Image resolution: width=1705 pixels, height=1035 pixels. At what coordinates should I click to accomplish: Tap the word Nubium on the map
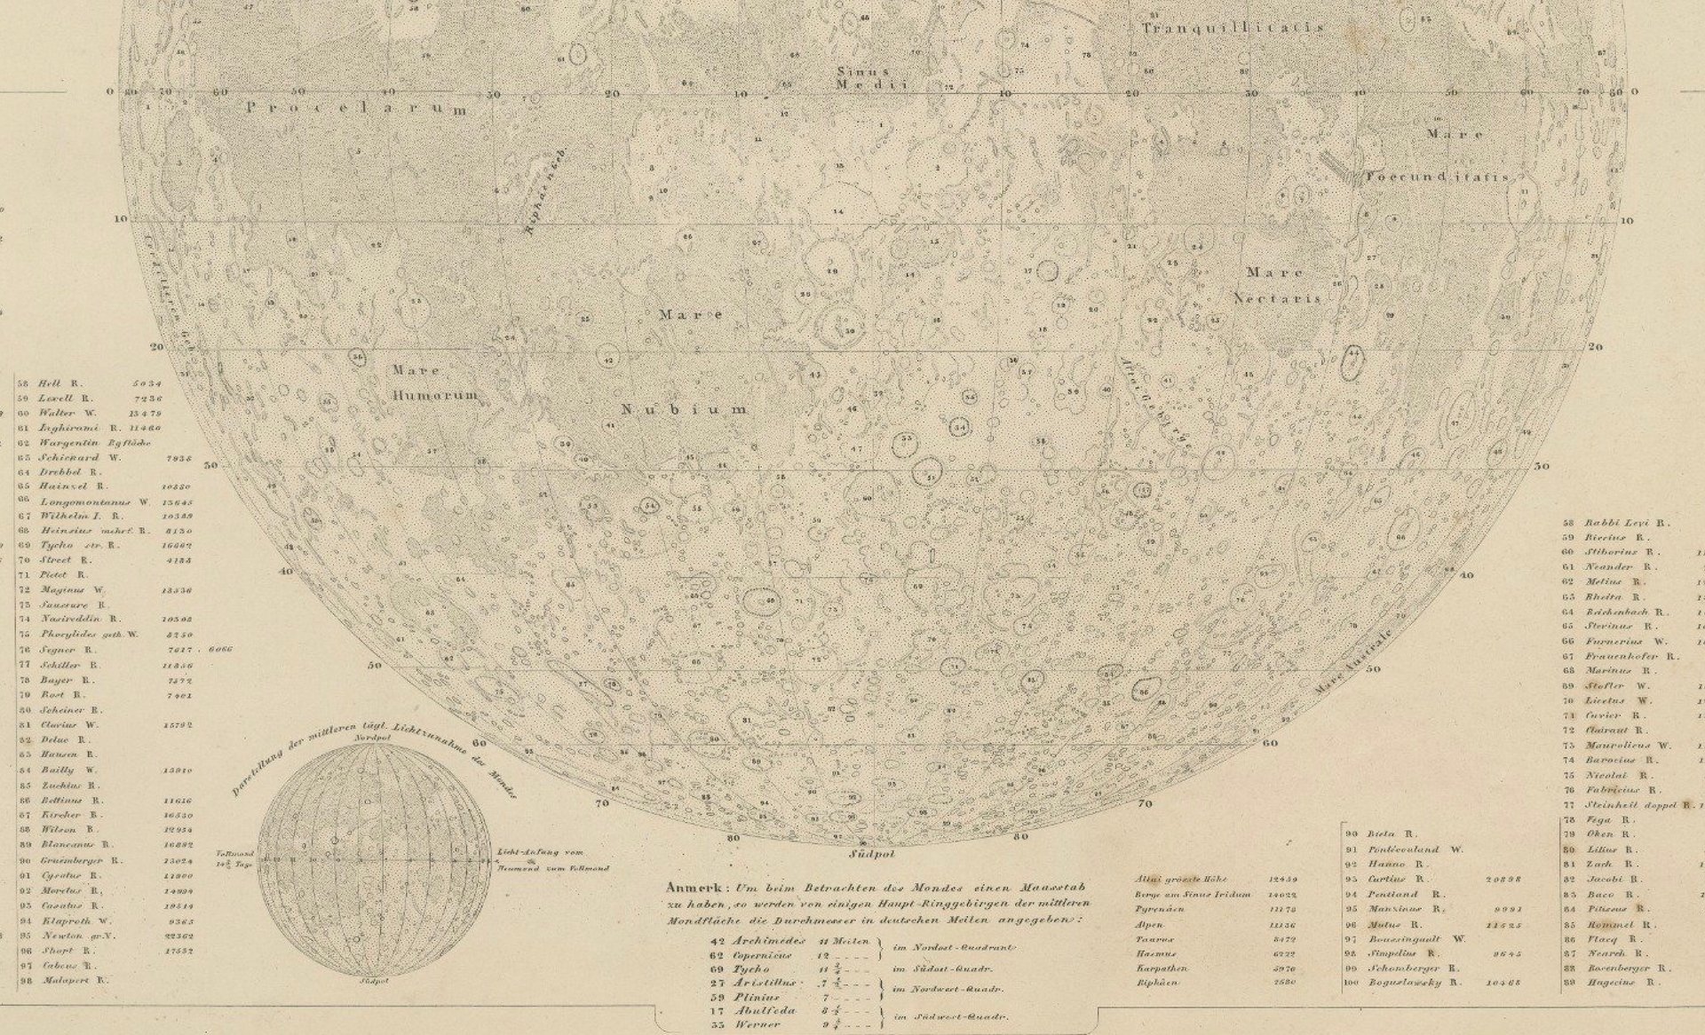click(x=684, y=410)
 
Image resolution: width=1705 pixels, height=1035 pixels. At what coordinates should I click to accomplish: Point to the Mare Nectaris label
click(x=1277, y=286)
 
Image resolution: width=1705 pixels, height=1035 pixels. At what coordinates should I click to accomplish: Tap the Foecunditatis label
click(x=1438, y=178)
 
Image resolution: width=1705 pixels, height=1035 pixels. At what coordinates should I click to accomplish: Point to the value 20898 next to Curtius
click(x=1503, y=879)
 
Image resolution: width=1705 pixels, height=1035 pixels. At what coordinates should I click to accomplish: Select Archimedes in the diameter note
click(x=769, y=940)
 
